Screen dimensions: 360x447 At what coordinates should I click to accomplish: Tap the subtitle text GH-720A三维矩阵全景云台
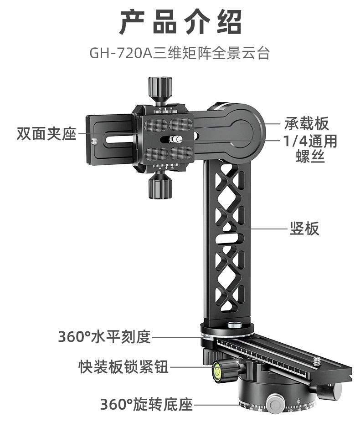coord(180,53)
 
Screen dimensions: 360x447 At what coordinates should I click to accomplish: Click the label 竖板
coord(305,228)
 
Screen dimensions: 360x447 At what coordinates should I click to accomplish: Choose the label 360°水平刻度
coord(104,337)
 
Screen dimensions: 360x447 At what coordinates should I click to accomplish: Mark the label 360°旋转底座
coord(146,404)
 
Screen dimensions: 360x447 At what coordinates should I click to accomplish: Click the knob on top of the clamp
coord(159,86)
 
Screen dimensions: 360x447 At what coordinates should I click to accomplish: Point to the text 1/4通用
coord(310,141)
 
